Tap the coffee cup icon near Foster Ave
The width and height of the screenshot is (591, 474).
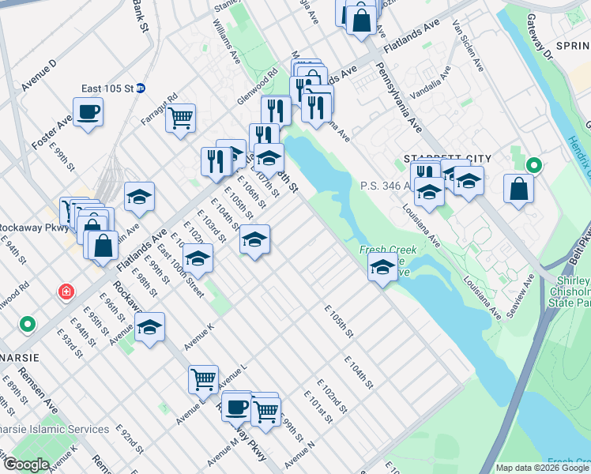(88, 112)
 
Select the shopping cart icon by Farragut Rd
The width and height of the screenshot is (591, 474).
(181, 118)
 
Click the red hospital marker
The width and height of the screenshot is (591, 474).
(67, 292)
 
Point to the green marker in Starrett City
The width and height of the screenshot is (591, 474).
(534, 165)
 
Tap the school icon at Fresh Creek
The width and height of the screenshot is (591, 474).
(382, 267)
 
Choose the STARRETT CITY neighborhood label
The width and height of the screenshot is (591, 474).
(437, 158)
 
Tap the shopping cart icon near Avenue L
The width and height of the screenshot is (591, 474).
(204, 380)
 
